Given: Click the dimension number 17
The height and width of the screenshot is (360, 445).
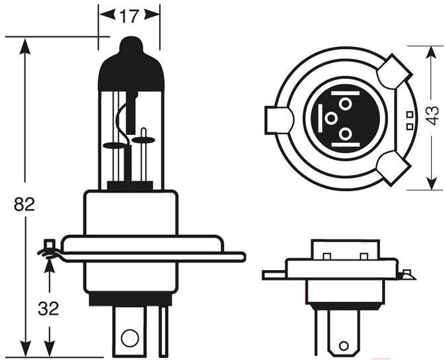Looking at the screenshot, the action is pos(129,16).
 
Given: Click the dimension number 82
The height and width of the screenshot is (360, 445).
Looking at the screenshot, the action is pos(25,204).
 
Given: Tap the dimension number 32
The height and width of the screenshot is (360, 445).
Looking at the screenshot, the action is pos(48,308).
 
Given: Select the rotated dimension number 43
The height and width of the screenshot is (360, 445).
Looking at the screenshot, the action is pos(432,115).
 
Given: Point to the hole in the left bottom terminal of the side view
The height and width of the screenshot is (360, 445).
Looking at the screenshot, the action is pos(130,337).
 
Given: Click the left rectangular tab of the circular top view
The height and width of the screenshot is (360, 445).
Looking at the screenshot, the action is pos(279,120).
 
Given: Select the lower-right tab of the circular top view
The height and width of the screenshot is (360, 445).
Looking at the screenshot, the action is pos(394,168).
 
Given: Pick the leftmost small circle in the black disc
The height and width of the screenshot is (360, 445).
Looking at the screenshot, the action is pos(331,118).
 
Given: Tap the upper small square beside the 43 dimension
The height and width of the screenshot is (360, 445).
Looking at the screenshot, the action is pos(409,114).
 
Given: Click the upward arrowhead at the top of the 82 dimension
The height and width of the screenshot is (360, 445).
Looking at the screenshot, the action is pos(25,46).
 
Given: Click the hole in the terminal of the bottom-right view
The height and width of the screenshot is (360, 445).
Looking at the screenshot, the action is pos(344,346).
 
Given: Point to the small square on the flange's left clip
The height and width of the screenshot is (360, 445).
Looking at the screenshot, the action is pos(50,244).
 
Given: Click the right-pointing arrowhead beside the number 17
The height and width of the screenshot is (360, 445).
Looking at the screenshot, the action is pos(152,15).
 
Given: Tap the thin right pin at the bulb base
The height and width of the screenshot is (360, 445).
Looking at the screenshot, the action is pos(163,330).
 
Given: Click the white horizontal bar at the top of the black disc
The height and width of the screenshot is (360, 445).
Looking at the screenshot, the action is pos(346,93).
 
